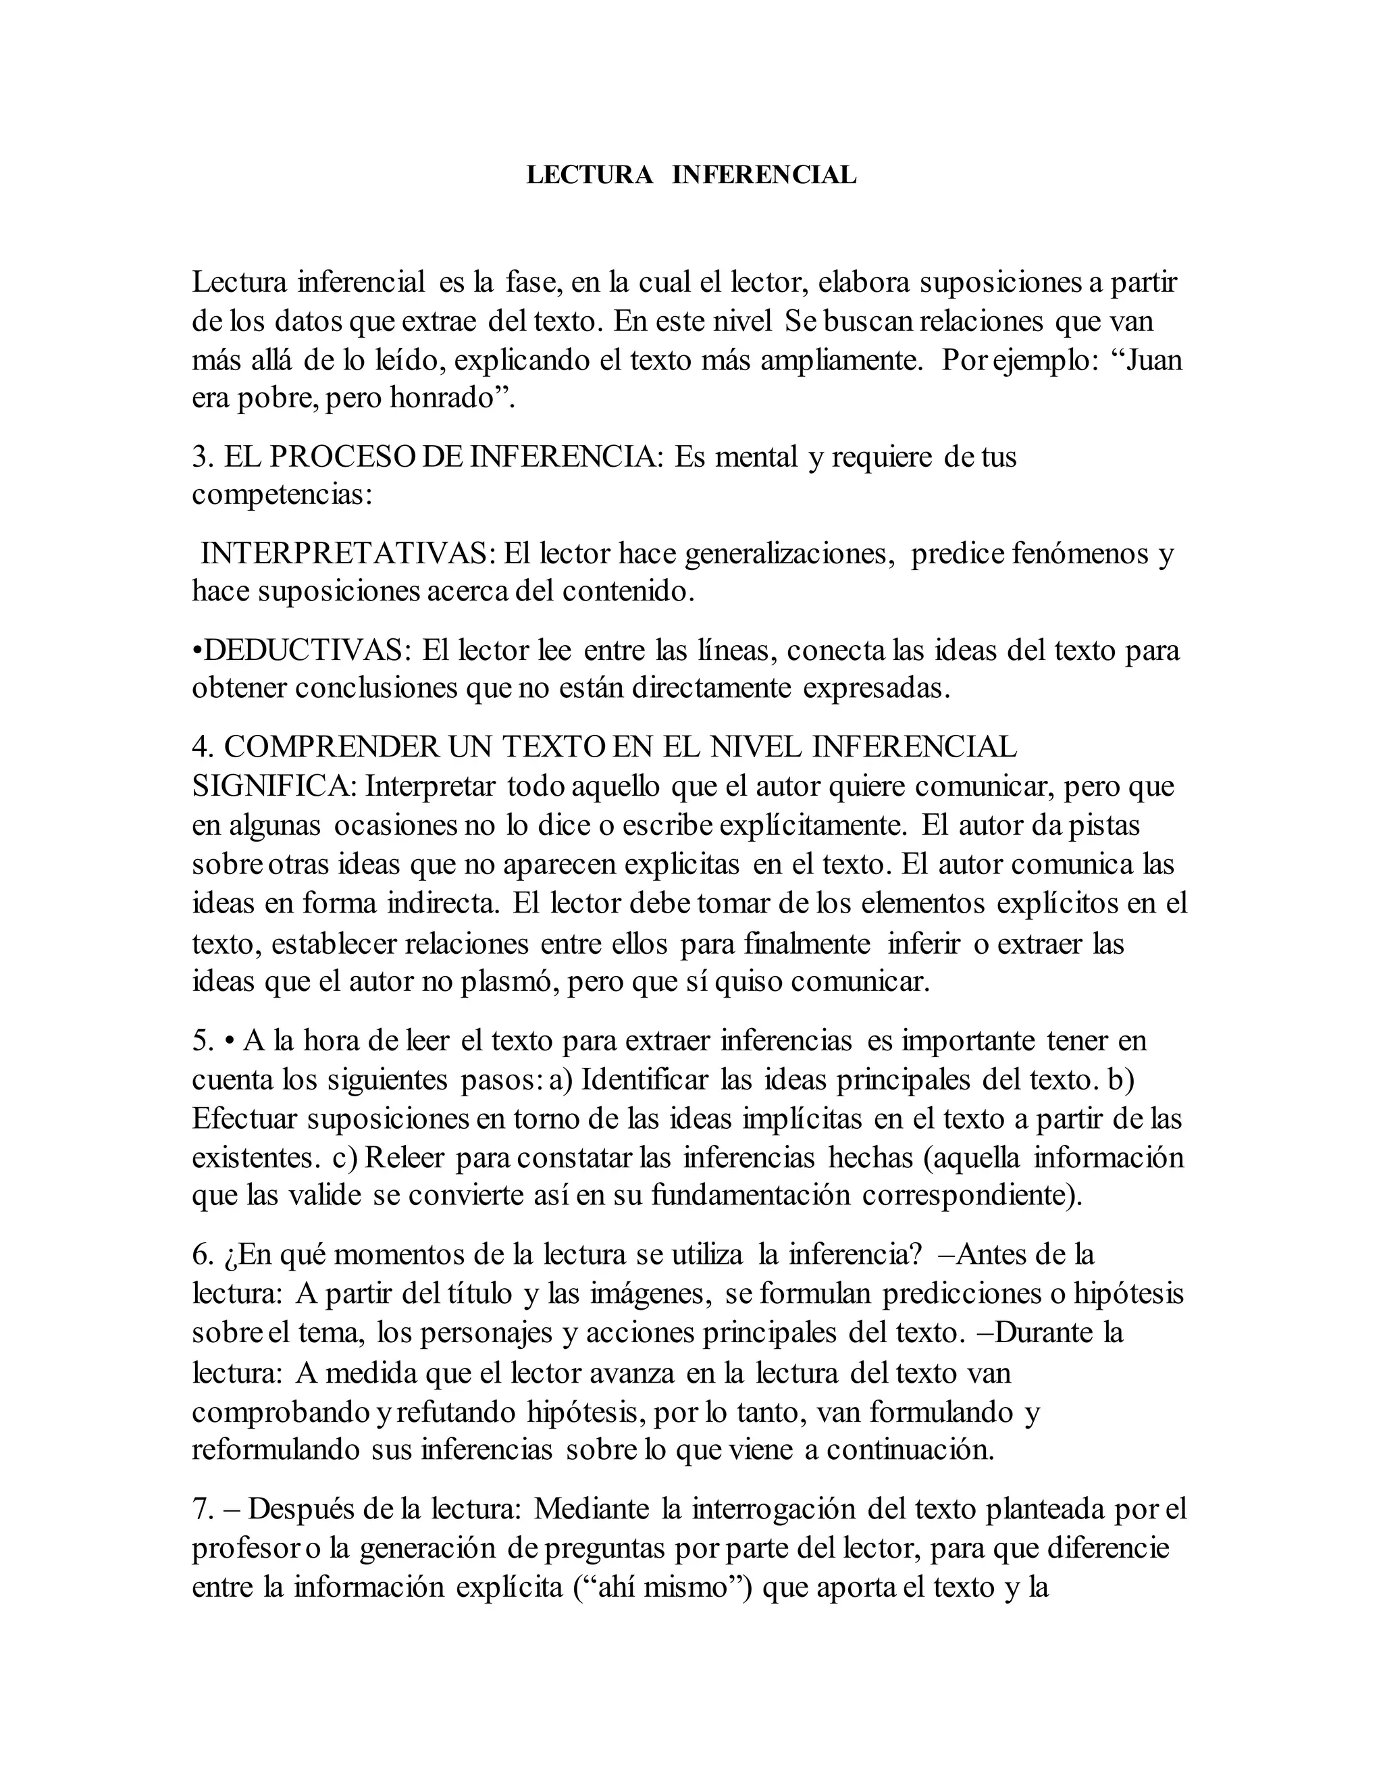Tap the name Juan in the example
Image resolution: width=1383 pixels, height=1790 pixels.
(x=1154, y=361)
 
